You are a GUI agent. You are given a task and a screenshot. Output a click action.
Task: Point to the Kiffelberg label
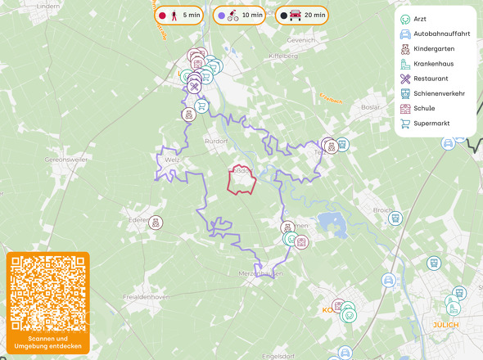[283, 56]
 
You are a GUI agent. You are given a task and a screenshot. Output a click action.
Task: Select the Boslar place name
[370, 107]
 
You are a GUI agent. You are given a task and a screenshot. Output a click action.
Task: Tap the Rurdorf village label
[216, 141]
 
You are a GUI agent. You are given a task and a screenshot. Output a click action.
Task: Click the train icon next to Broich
[395, 218]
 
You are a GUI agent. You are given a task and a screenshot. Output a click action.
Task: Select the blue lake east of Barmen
[332, 221]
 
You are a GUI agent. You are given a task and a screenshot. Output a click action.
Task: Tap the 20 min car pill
[301, 16]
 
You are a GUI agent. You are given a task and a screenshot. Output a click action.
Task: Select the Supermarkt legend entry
[431, 124]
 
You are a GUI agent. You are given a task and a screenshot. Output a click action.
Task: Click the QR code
[47, 293]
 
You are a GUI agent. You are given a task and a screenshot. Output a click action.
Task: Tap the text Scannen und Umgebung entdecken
[47, 343]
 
